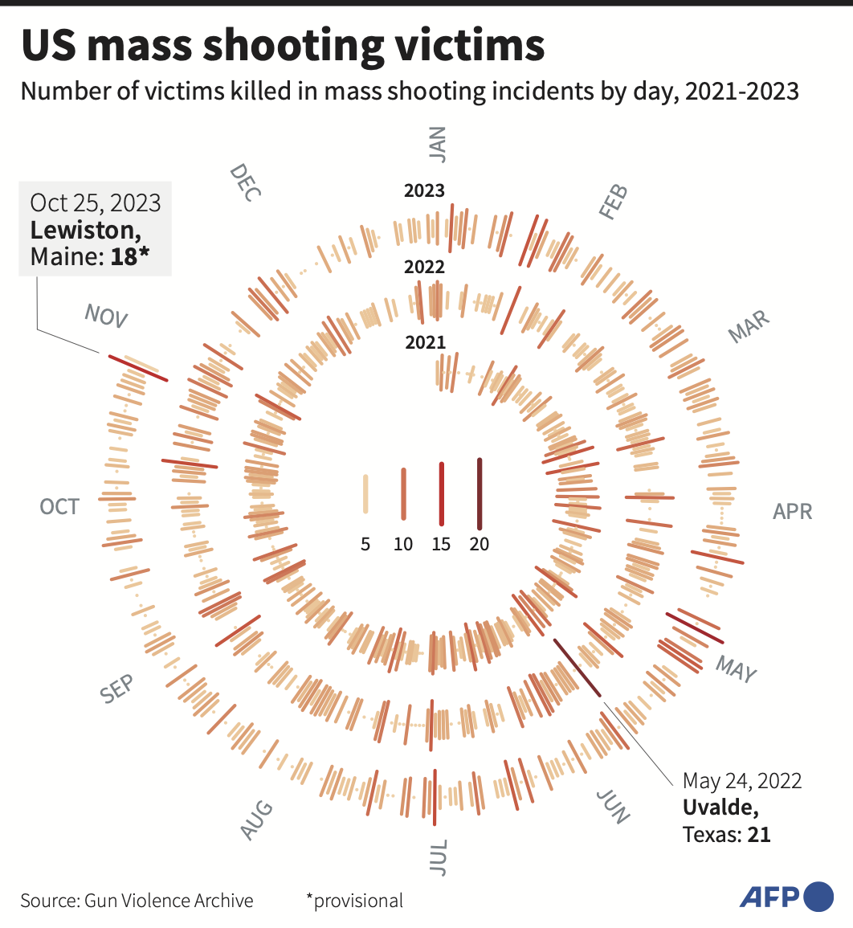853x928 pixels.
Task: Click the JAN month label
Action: click(x=437, y=145)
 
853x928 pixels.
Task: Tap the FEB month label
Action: click(x=614, y=202)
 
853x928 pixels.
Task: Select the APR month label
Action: click(x=792, y=511)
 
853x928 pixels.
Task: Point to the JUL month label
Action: click(x=438, y=857)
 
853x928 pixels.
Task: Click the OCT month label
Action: click(x=59, y=507)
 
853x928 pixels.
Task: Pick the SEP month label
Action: click(x=116, y=689)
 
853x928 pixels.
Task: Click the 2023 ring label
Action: click(x=424, y=190)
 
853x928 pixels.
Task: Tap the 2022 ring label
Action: click(x=424, y=267)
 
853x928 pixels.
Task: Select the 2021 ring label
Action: click(x=426, y=342)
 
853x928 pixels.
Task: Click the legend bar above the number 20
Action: click(x=480, y=494)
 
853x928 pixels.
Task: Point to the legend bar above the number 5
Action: click(x=365, y=493)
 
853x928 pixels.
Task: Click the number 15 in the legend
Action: click(x=441, y=544)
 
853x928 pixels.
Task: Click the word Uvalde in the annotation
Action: click(x=720, y=807)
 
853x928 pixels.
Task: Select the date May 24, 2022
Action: click(x=742, y=781)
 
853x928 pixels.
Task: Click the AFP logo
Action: click(x=786, y=897)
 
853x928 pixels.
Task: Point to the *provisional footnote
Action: click(x=354, y=901)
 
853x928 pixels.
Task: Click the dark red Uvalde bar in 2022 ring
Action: click(x=577, y=668)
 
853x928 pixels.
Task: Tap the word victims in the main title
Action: click(x=471, y=45)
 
